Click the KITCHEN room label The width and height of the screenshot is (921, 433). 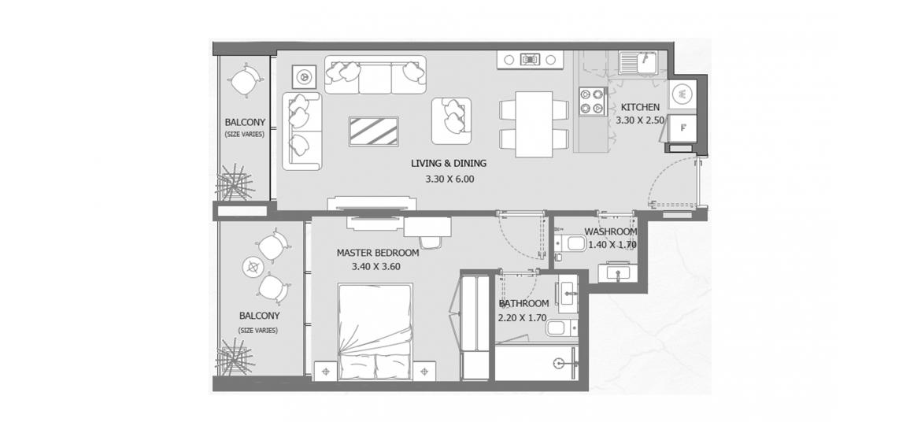point(640,108)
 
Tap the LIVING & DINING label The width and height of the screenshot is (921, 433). point(449,164)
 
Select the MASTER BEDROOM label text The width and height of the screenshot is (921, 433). point(378,254)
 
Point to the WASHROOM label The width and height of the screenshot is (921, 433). point(610,232)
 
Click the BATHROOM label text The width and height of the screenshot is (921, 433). point(523,304)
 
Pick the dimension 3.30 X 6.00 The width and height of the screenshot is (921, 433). point(449,179)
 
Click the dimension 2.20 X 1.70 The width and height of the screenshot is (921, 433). point(522,318)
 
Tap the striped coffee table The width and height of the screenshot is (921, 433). point(374,131)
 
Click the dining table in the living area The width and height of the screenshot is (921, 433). point(534,124)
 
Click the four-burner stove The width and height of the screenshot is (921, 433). point(592,101)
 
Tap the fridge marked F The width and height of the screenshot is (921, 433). point(682,126)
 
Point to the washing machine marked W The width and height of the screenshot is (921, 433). point(682,93)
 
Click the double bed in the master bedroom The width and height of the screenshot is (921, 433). point(375,332)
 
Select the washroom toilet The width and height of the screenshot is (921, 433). point(569,244)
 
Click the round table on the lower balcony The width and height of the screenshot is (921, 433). point(253,268)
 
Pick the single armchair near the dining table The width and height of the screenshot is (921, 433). point(452,120)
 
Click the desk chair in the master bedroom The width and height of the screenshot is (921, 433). point(431,242)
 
